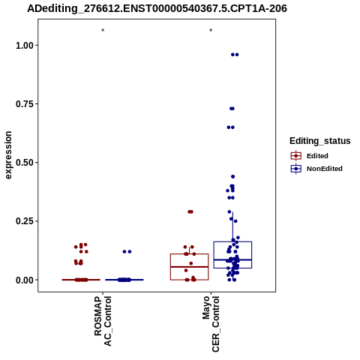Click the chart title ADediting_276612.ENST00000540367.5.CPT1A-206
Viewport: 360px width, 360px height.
(x=157, y=9)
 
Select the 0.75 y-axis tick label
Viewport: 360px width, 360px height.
(x=25, y=104)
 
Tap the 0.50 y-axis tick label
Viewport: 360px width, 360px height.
(x=25, y=163)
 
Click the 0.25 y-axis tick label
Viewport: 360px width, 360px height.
(x=25, y=221)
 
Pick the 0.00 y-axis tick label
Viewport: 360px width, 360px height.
(x=25, y=280)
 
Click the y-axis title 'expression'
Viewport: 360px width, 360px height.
(x=8, y=155)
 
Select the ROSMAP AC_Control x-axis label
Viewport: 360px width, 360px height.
(x=103, y=321)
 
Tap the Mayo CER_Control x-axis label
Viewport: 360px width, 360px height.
(x=211, y=324)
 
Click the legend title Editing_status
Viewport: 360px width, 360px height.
(x=320, y=141)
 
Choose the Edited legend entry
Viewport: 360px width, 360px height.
(x=310, y=156)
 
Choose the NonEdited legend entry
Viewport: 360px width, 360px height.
(x=316, y=169)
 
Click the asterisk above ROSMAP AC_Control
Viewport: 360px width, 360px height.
(x=103, y=31)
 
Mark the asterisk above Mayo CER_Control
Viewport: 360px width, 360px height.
(x=211, y=31)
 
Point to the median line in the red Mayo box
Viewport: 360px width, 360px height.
(x=190, y=267)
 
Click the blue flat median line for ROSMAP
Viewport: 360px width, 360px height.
(x=124, y=280)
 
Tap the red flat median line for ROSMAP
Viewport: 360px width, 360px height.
(x=81, y=280)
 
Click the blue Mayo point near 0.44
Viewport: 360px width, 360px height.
(x=232, y=177)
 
